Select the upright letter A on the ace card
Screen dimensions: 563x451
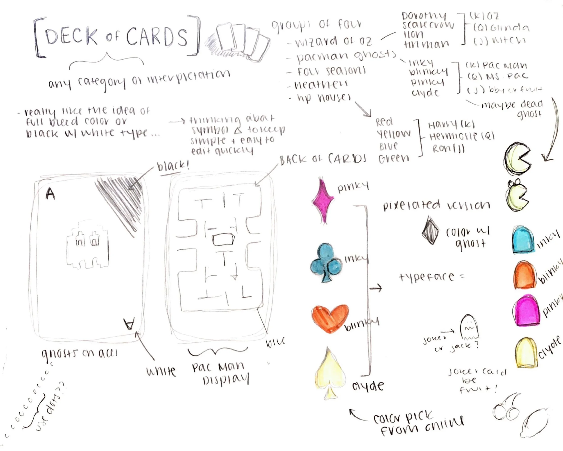point(50,194)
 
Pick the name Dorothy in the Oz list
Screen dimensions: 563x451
point(424,16)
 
